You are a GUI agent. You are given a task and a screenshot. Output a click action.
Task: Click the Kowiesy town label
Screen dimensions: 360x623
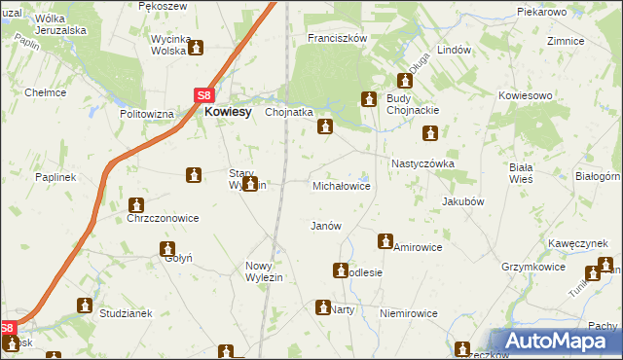[x=227, y=112]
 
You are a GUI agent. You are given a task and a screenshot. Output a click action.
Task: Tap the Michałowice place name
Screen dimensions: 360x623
[x=341, y=185]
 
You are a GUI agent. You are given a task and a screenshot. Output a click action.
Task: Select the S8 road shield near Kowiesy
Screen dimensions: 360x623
[x=203, y=95]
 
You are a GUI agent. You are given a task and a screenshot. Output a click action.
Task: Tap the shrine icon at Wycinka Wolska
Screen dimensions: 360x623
[x=196, y=47]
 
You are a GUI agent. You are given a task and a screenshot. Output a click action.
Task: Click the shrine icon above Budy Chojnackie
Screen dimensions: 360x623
[x=407, y=81]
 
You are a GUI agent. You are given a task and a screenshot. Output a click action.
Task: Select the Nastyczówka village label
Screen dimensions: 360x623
[x=422, y=164]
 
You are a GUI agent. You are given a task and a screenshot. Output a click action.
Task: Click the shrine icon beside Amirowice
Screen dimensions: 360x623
[x=385, y=240]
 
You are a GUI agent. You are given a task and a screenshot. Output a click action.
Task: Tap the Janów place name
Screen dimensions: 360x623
[x=325, y=226]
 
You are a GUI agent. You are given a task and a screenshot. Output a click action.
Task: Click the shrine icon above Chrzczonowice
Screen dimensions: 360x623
[x=135, y=205]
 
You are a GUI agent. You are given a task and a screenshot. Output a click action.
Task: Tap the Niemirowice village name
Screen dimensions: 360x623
[x=409, y=314]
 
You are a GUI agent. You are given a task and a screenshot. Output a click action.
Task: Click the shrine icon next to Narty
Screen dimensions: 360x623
[x=322, y=307]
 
